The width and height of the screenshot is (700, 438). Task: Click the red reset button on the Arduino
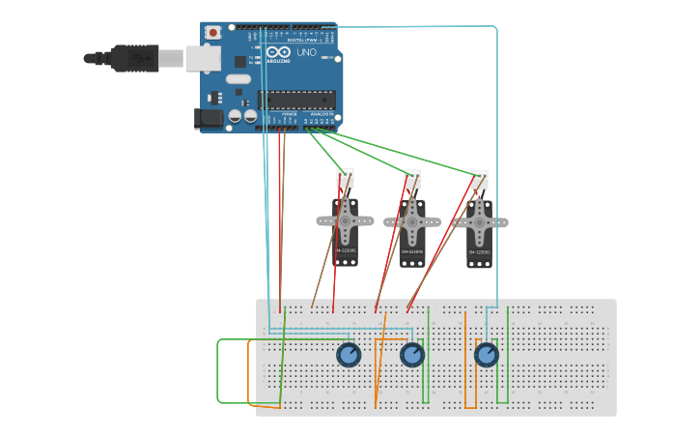point(212,33)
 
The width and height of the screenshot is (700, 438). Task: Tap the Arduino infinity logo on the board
point(278,52)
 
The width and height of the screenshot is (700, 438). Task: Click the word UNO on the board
point(306,52)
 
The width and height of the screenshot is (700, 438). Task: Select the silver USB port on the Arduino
point(203,58)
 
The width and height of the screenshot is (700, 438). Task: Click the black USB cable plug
point(135,58)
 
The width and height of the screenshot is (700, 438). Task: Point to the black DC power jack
point(209,119)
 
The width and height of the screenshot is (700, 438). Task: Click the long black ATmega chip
point(297,99)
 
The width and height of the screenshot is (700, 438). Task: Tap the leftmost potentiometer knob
point(349,355)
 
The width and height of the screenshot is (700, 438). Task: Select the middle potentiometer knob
point(412,355)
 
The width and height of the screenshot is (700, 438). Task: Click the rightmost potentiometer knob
point(487,355)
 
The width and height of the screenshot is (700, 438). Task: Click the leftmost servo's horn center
point(345,221)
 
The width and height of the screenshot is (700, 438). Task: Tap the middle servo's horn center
point(412,222)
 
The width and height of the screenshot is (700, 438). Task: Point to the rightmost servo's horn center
point(479,222)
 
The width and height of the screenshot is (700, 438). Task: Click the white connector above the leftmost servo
point(345,178)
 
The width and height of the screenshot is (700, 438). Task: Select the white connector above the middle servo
point(412,179)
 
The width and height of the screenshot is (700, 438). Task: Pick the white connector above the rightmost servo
point(479,180)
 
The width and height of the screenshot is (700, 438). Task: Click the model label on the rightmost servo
point(479,252)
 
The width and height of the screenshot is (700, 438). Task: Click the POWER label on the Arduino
point(289,114)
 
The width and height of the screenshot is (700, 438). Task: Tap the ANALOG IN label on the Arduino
point(321,114)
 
